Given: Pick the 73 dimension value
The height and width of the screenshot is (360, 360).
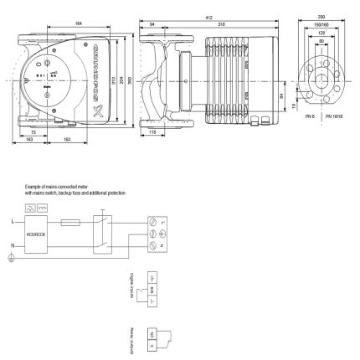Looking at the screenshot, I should pos(32,131).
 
